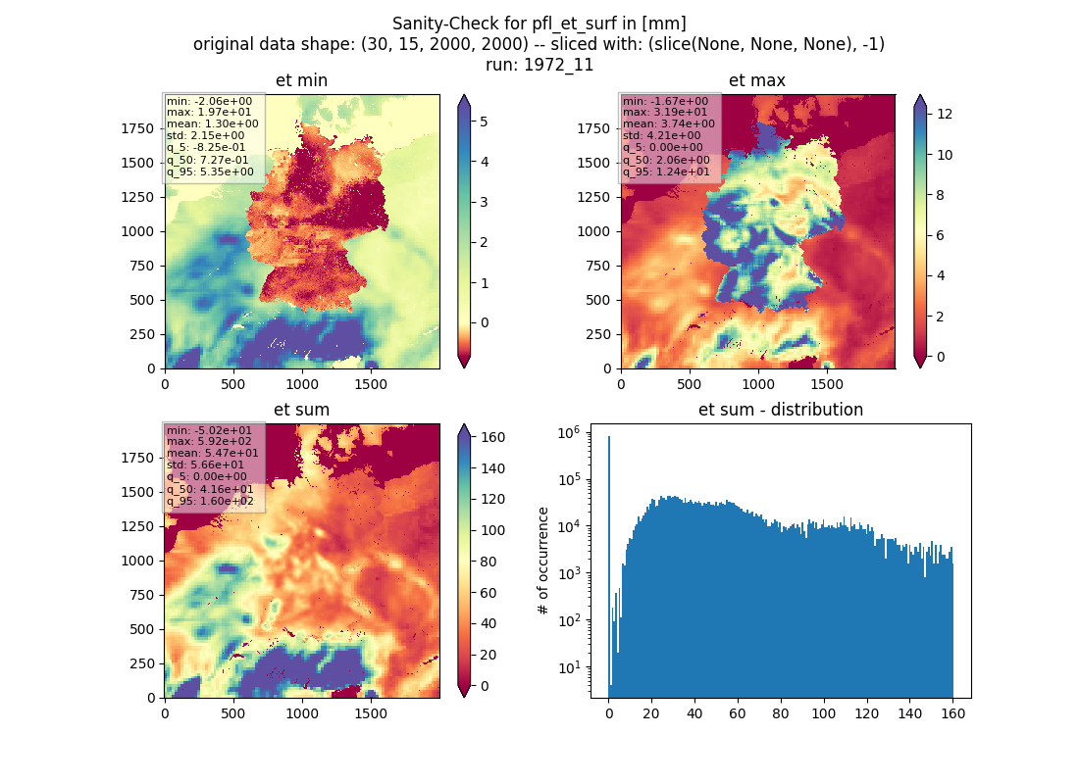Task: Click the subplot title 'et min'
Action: pos(301,80)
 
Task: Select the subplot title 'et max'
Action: pos(757,80)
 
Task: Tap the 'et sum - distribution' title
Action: pos(781,410)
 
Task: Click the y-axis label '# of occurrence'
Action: pos(543,562)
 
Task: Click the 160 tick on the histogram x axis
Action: pos(953,713)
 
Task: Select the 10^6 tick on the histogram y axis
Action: pos(568,433)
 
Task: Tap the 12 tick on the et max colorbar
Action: pos(944,114)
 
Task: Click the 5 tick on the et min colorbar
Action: pos(484,122)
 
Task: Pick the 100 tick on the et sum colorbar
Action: pos(492,530)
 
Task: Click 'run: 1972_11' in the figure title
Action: pos(539,65)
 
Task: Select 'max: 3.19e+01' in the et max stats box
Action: pos(665,112)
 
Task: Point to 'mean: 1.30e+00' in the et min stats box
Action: pos(213,123)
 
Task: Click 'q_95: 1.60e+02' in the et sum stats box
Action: pos(210,501)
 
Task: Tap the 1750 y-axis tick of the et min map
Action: pos(137,128)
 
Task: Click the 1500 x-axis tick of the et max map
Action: pos(827,385)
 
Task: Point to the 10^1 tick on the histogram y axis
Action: pos(568,667)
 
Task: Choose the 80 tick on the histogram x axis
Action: pos(781,713)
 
